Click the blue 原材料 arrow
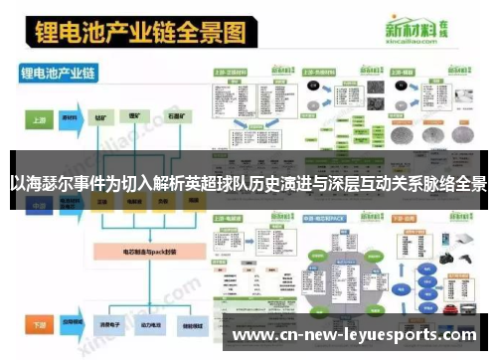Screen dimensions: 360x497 (70, 116)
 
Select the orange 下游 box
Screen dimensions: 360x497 (38, 324)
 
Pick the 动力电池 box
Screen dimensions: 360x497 (135, 324)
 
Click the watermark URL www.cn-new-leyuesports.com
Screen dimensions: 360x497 (360, 335)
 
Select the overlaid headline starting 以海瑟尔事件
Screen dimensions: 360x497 (248, 184)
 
